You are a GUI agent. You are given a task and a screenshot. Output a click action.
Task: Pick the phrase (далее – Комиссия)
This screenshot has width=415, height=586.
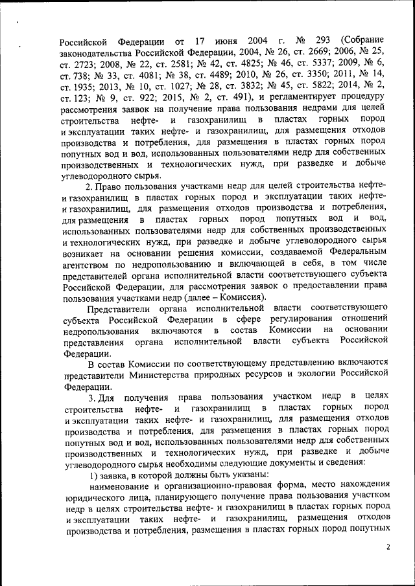(231, 297)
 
